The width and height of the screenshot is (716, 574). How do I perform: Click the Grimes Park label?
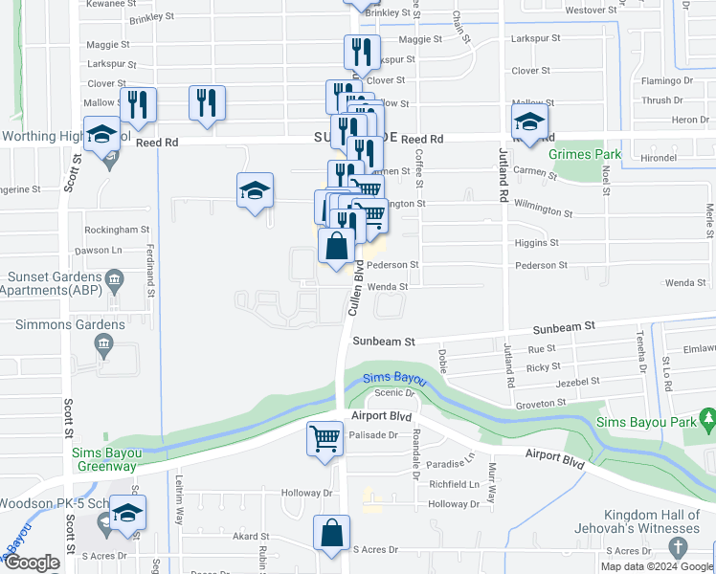click(585, 154)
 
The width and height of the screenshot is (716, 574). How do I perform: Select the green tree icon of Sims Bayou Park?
click(707, 418)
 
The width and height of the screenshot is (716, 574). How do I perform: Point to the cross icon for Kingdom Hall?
click(678, 548)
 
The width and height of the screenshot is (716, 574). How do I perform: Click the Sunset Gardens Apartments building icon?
click(114, 280)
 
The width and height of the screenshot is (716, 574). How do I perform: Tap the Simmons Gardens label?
click(69, 325)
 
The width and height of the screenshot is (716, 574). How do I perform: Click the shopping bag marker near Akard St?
click(331, 535)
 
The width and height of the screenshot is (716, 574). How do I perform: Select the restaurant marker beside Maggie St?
click(362, 52)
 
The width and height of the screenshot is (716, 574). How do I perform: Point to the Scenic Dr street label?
click(392, 392)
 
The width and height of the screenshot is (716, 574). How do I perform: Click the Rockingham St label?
click(118, 230)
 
